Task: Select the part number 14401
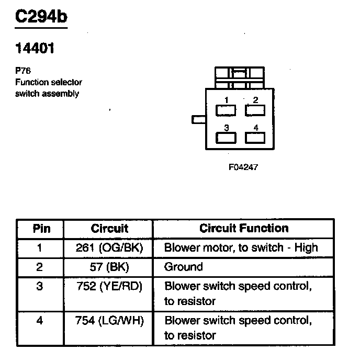click(x=35, y=49)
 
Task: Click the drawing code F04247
click(x=243, y=167)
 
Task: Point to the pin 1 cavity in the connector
click(x=226, y=110)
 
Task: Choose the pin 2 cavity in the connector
click(x=255, y=110)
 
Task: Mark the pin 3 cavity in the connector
click(x=226, y=138)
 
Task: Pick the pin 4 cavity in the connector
click(x=255, y=138)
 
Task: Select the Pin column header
click(x=41, y=229)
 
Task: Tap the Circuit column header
click(x=109, y=229)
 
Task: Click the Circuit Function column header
click(x=244, y=228)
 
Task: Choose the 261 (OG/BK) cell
click(x=109, y=247)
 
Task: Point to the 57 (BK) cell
click(x=109, y=267)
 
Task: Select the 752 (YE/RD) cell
click(x=109, y=286)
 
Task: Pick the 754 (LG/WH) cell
click(x=109, y=320)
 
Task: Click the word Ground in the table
click(x=183, y=267)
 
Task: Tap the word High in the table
click(x=306, y=247)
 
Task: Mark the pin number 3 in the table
click(x=40, y=286)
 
